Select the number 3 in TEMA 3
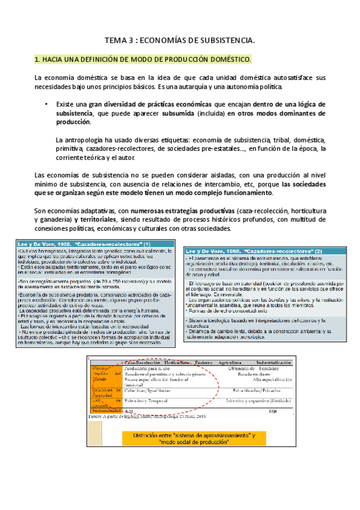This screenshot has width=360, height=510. [x=132, y=40]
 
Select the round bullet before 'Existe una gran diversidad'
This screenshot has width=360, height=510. [x=46, y=104]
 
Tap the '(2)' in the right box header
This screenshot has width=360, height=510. [x=315, y=250]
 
